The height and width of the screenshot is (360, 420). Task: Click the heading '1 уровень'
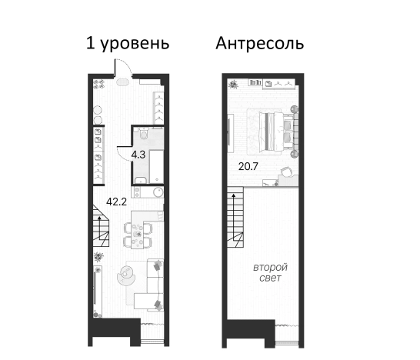(x=128, y=43)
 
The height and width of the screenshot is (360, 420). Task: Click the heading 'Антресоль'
(x=259, y=43)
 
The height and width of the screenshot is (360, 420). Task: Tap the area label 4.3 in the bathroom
(x=139, y=154)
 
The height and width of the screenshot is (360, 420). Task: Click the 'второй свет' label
(x=270, y=272)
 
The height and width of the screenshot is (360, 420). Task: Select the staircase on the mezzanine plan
(x=235, y=219)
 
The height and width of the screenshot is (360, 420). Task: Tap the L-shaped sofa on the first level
(x=150, y=288)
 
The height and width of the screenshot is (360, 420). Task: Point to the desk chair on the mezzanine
(x=287, y=173)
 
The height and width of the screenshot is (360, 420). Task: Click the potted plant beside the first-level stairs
(x=98, y=256)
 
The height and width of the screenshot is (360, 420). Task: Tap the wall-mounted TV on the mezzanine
(x=228, y=127)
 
